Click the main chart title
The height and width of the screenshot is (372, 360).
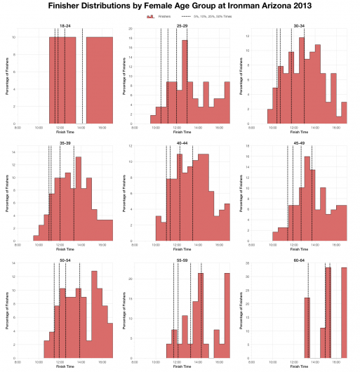180,6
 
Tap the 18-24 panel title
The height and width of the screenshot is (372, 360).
65,25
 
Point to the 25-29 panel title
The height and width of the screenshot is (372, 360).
181,25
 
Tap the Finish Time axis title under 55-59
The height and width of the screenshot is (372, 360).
181,367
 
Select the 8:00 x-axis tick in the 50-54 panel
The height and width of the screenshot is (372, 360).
18,362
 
